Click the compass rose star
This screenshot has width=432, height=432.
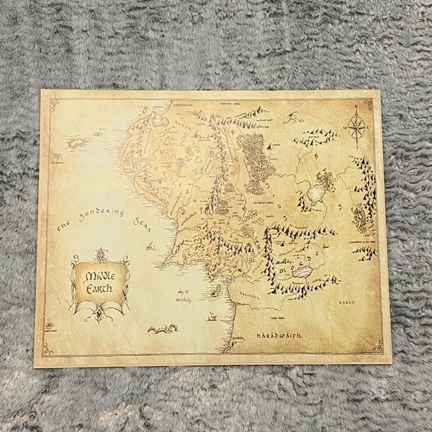tap(357, 127)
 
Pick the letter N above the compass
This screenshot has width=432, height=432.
tap(357, 107)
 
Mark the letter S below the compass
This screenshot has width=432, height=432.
tap(357, 147)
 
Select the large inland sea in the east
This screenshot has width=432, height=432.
tap(316, 193)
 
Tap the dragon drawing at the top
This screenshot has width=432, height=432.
tap(294, 117)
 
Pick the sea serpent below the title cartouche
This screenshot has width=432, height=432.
tap(162, 328)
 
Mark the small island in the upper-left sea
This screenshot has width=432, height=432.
tap(77, 141)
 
